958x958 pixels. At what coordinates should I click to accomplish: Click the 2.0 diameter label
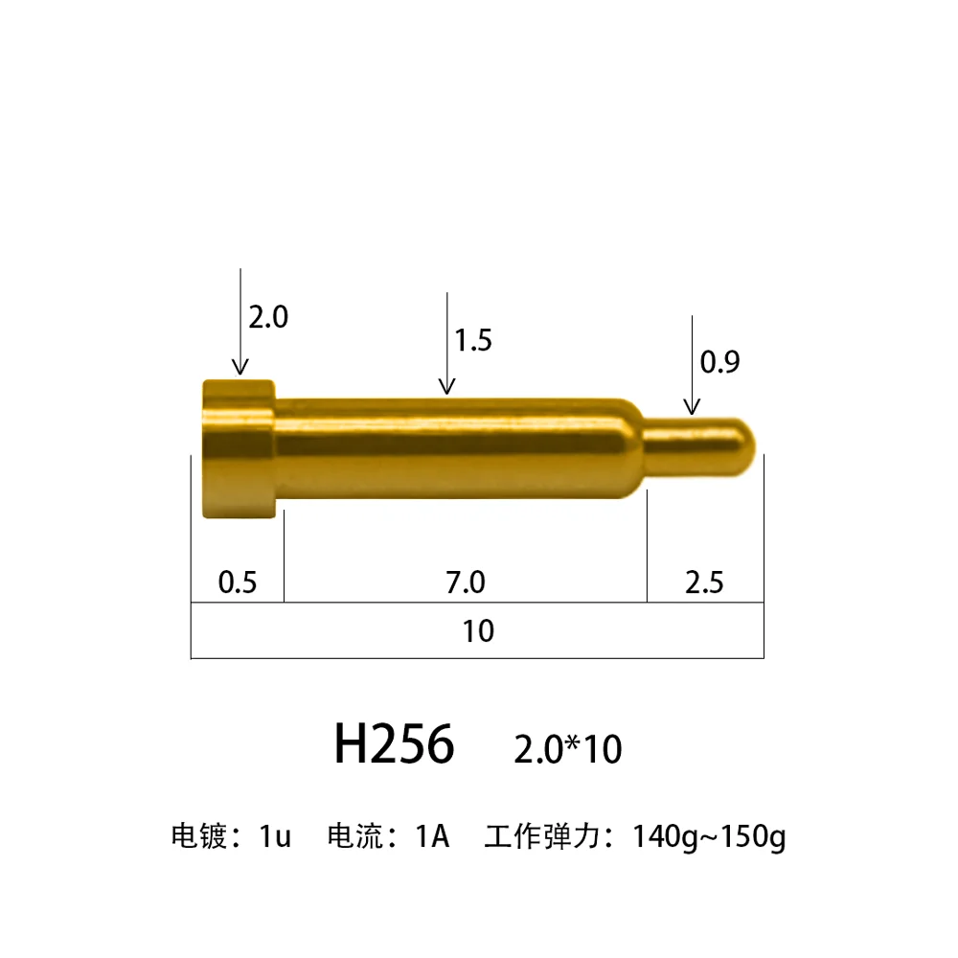coord(268,317)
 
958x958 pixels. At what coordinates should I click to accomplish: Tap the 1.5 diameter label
coord(473,340)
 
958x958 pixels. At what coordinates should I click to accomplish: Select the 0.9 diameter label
coord(719,362)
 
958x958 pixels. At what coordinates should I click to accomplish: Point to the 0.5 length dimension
coord(238,582)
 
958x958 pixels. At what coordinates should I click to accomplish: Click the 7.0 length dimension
coord(466,582)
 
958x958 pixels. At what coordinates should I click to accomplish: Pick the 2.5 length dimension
coord(704,582)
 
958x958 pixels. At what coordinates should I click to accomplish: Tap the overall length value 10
coord(478,631)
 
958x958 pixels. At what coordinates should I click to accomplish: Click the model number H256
coord(394,743)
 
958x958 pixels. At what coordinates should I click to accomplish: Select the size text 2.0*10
coord(567,749)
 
